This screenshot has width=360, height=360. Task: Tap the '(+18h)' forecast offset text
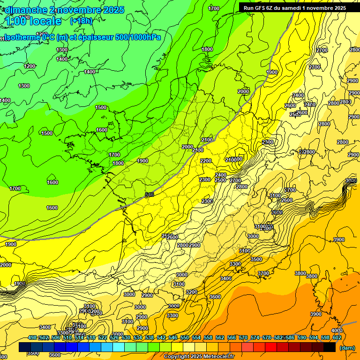81,21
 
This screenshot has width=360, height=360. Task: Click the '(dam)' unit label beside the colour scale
347,348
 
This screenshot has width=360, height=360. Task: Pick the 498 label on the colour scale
32,338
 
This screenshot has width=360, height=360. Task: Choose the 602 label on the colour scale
337,338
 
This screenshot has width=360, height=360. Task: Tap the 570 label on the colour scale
243,338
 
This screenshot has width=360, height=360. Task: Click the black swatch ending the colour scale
330,347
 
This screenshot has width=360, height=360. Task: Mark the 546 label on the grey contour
150,195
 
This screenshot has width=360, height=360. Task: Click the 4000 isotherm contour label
337,330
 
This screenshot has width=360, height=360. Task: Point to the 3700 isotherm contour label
263,273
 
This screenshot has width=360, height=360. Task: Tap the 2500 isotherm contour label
220,180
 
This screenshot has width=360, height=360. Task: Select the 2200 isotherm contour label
206,161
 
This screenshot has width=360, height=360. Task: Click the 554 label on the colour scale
196,338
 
